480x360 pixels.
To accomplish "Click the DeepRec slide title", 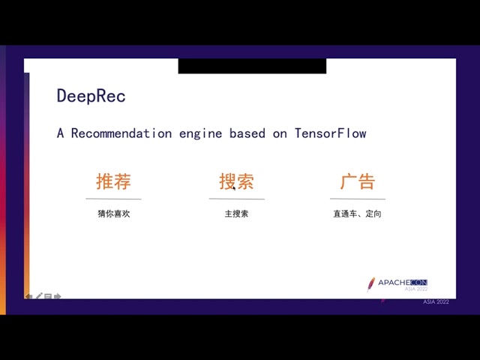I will pyautogui.click(x=91, y=96).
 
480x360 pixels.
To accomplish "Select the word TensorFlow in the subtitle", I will pyautogui.click(x=330, y=133).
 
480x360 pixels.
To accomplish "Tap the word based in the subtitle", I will pyautogui.click(x=247, y=133).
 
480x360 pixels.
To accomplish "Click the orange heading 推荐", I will pyautogui.click(x=113, y=181).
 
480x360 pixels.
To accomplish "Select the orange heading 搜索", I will pyautogui.click(x=236, y=181).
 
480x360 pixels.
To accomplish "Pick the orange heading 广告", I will pyautogui.click(x=358, y=181).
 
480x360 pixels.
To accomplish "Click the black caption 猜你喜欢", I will pyautogui.click(x=113, y=214).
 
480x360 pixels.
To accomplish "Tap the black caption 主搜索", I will pyautogui.click(x=236, y=214).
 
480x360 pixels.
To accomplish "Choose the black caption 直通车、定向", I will pyautogui.click(x=358, y=214).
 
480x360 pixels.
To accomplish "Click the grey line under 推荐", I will pyautogui.click(x=113, y=199).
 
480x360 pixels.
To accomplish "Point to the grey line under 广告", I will pyautogui.click(x=358, y=199).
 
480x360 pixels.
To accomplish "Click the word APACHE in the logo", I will pyautogui.click(x=391, y=283).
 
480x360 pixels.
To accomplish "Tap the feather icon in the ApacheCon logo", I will pyautogui.click(x=371, y=283).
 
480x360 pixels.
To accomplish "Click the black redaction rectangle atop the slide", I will pyautogui.click(x=252, y=66).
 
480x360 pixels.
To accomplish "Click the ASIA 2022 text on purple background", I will pyautogui.click(x=436, y=301).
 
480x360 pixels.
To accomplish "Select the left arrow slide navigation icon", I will pyautogui.click(x=28, y=297).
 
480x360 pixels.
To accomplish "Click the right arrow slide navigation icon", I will pyautogui.click(x=57, y=297).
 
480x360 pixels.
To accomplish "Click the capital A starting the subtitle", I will pyautogui.click(x=61, y=133).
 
